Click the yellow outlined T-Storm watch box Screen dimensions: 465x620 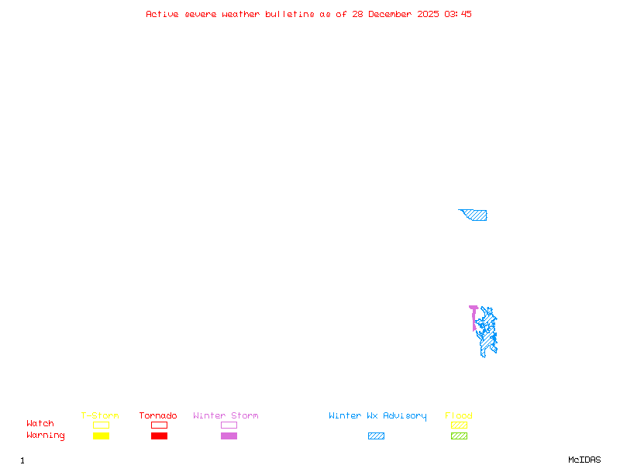pyautogui.click(x=101, y=425)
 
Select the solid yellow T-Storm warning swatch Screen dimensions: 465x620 pyautogui.click(x=101, y=436)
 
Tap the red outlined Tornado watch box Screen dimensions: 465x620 pyautogui.click(x=159, y=425)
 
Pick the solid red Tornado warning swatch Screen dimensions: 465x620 pyautogui.click(x=159, y=436)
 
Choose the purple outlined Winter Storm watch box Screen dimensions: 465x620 pyautogui.click(x=229, y=425)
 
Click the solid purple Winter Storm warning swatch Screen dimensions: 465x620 pyautogui.click(x=229, y=436)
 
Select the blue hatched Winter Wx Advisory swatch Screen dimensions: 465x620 pyautogui.click(x=376, y=436)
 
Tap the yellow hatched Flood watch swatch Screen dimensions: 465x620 pyautogui.click(x=459, y=425)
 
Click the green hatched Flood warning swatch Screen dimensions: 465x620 pyautogui.click(x=459, y=436)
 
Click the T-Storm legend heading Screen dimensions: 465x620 pyautogui.click(x=100, y=415)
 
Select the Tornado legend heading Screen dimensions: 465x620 pyautogui.click(x=158, y=415)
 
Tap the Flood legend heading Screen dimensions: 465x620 pyautogui.click(x=459, y=415)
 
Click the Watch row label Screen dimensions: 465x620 pyautogui.click(x=40, y=424)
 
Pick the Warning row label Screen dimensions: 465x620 pyautogui.click(x=45, y=436)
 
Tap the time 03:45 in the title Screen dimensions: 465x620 pyautogui.click(x=458, y=14)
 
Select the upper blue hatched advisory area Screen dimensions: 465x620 pyautogui.click(x=476, y=215)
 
